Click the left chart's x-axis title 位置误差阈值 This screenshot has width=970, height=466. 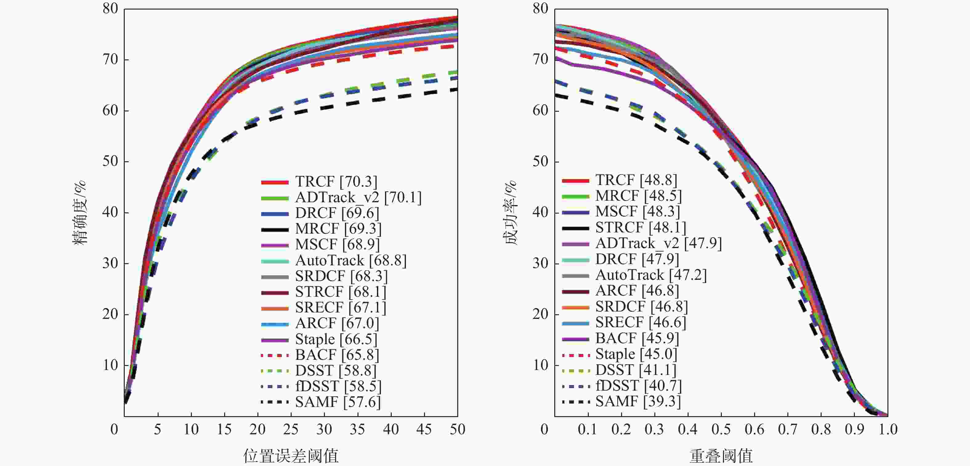click(291, 456)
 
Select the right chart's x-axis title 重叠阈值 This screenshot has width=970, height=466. click(721, 456)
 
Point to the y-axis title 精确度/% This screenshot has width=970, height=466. click(79, 213)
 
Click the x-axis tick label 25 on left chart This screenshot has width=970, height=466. click(291, 429)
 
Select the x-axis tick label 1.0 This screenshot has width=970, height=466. click(888, 429)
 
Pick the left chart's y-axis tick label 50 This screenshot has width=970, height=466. click(110, 162)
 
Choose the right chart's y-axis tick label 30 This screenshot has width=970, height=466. click(540, 263)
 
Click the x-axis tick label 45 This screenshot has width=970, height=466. click(424, 429)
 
